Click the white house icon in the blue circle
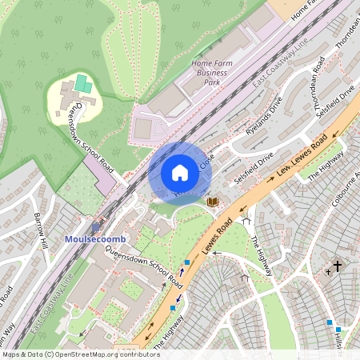(x=180, y=173)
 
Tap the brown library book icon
(x=212, y=202)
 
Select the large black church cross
(x=338, y=266)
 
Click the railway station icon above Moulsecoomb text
(x=96, y=227)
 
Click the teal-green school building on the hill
(x=83, y=82)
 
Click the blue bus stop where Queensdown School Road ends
(x=187, y=262)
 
